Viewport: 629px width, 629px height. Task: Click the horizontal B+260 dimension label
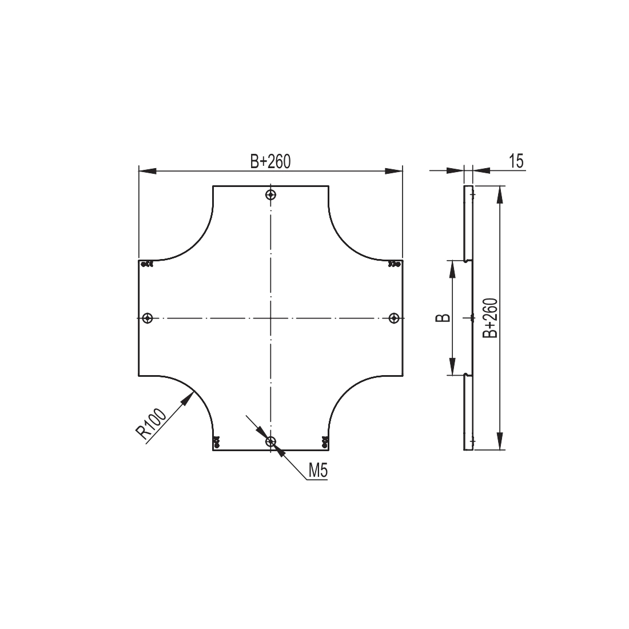click(x=270, y=161)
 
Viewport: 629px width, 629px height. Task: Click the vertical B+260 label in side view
click(x=490, y=318)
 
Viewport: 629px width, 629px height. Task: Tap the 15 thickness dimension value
click(x=517, y=161)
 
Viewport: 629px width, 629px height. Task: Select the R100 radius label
click(x=151, y=424)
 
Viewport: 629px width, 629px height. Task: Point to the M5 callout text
click(x=318, y=471)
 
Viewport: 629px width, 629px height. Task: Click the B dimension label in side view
click(x=443, y=318)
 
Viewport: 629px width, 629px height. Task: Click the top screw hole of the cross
click(x=271, y=195)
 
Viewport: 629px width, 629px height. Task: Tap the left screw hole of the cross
click(x=148, y=318)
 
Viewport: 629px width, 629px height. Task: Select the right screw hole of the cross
click(x=395, y=318)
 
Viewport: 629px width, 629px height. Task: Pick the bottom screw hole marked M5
click(x=271, y=441)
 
